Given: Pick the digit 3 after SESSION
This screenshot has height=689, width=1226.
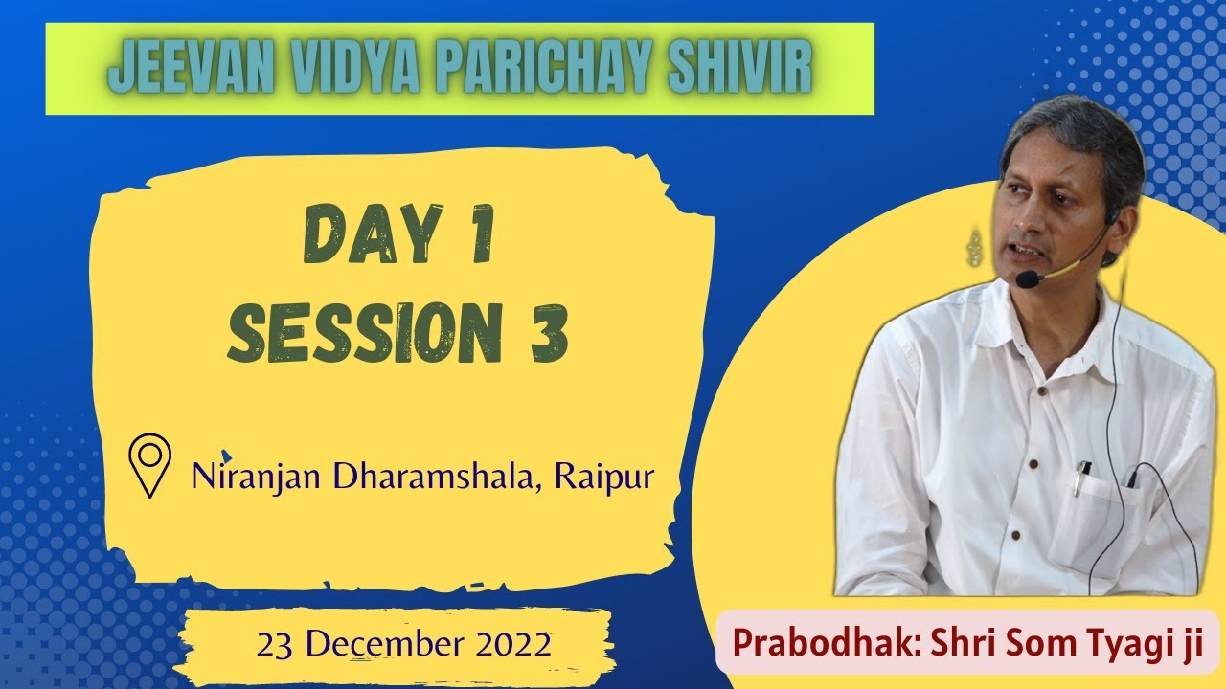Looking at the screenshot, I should pyautogui.click(x=549, y=331).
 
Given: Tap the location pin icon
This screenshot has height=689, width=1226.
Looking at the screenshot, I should pyautogui.click(x=149, y=465).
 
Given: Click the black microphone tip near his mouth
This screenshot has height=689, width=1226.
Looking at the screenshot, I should pyautogui.click(x=1028, y=279).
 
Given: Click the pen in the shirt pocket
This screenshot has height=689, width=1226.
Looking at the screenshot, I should pyautogui.click(x=1079, y=478).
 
